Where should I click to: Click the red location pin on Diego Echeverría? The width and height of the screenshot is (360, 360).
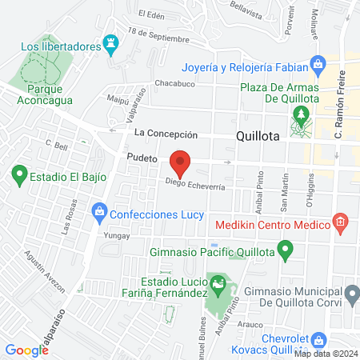point(181,162)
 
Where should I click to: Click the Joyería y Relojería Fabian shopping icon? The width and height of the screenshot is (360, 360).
point(318,65)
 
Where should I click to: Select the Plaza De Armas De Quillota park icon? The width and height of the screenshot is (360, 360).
point(301,115)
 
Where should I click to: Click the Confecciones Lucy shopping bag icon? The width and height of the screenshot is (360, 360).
point(99,212)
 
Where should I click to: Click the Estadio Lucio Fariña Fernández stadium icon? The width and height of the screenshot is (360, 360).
point(216,282)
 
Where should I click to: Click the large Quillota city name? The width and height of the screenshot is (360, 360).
point(258,136)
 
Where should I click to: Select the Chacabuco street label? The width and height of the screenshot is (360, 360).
point(174,83)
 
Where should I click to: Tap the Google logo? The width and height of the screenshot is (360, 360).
point(27,350)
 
